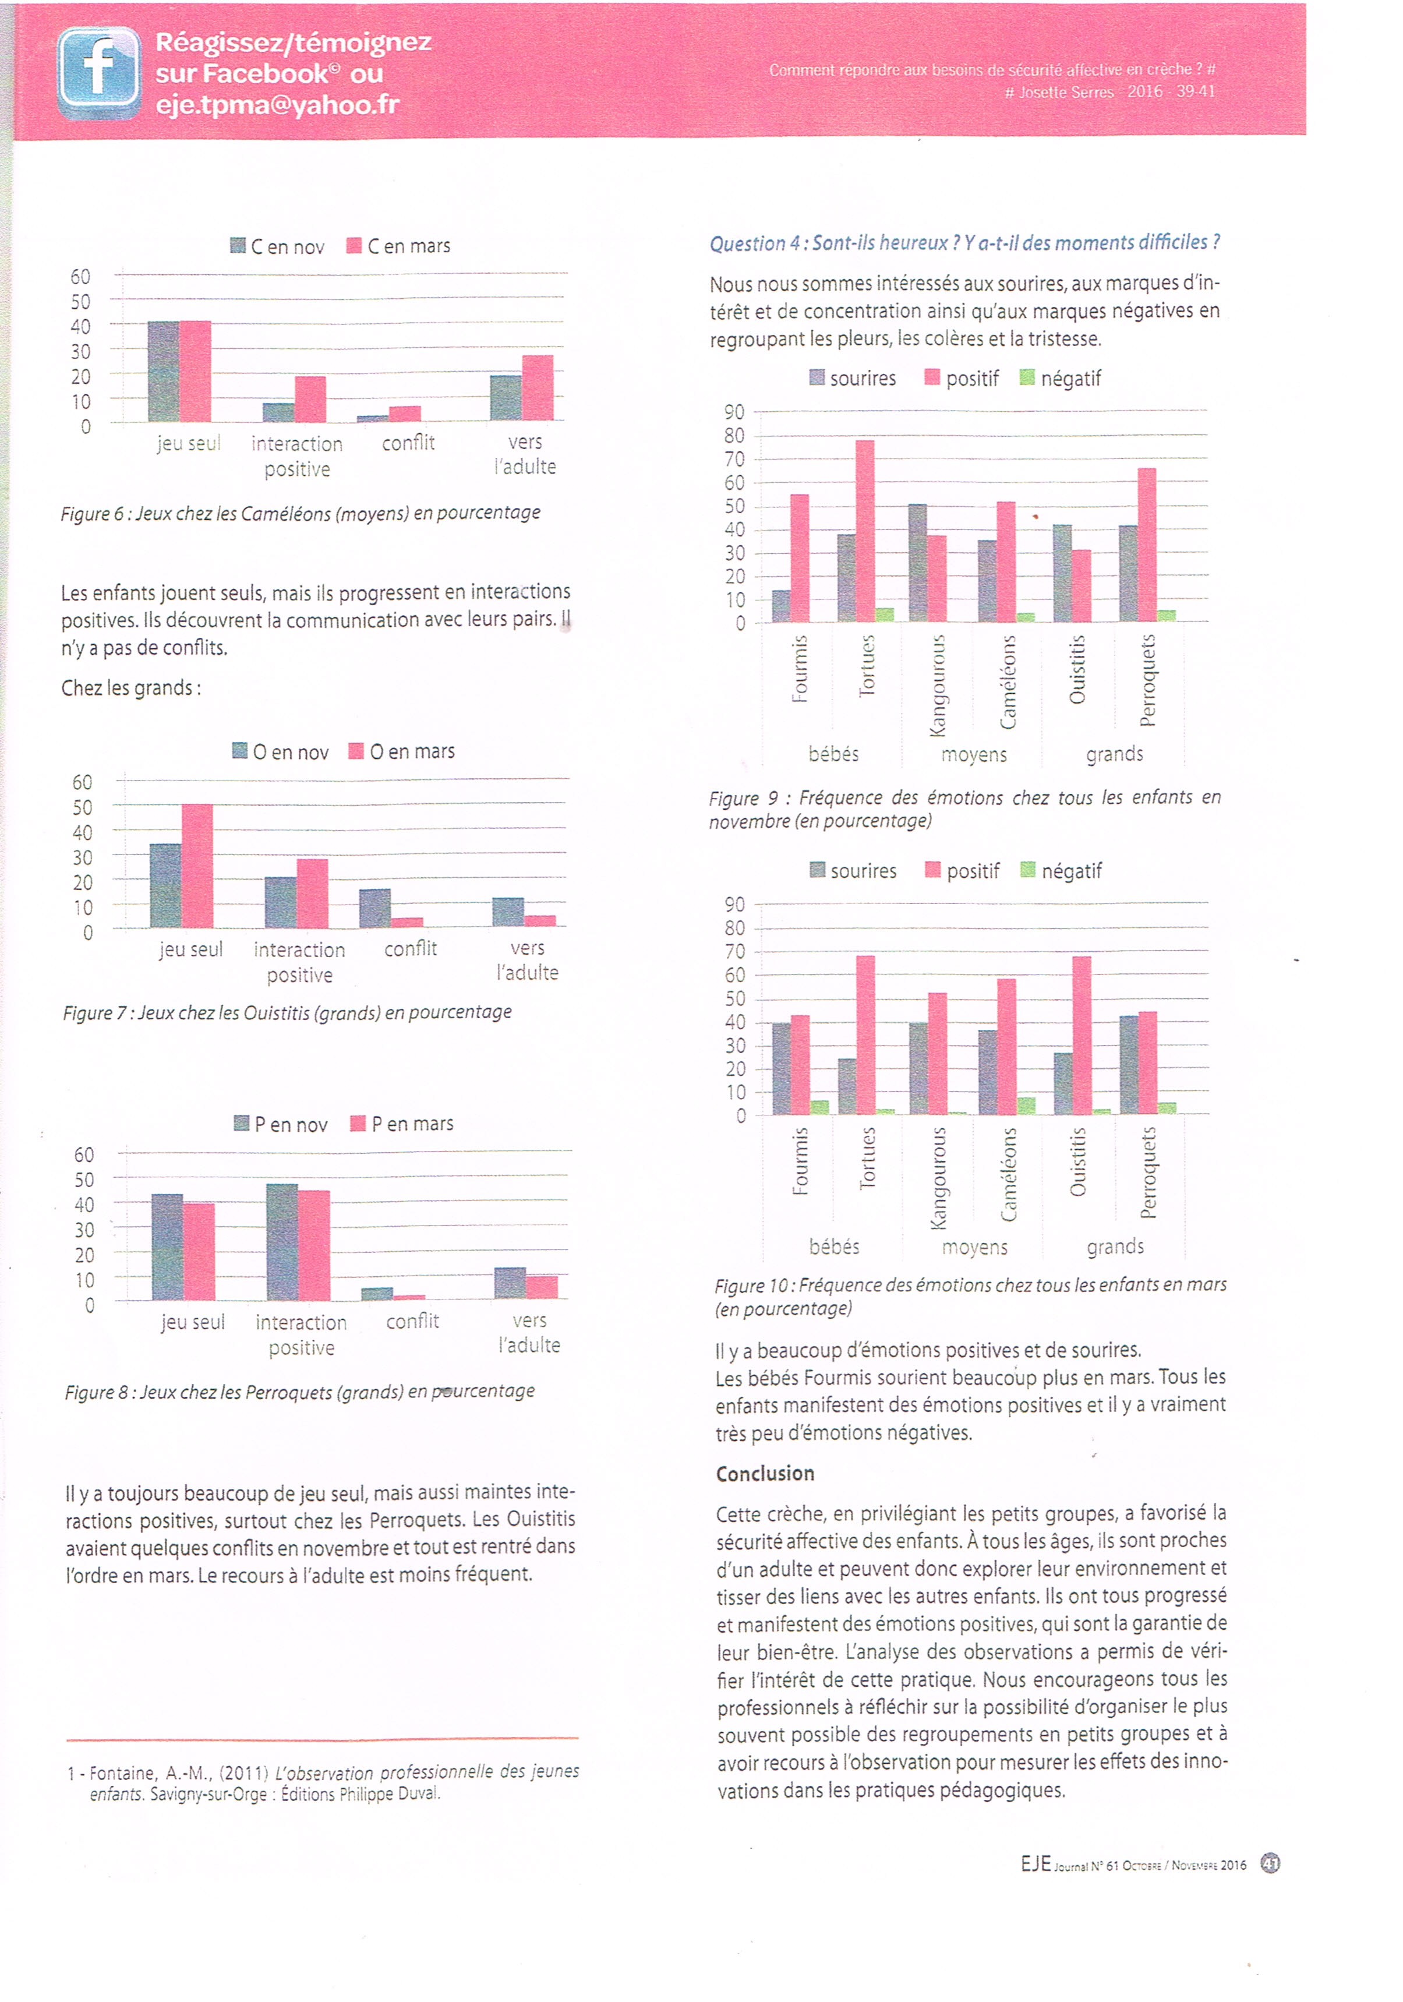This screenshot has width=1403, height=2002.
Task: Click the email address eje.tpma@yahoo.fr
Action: tap(277, 105)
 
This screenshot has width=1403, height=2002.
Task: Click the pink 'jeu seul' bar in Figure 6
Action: tap(195, 372)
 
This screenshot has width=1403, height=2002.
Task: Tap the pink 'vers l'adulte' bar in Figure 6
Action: tap(537, 388)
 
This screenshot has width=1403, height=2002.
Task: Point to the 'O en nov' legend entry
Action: tap(281, 751)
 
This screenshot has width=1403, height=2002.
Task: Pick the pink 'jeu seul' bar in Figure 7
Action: tap(197, 865)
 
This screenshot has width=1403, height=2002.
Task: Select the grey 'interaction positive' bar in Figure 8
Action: tap(282, 1242)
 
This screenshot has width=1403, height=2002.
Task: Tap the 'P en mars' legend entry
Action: tap(402, 1124)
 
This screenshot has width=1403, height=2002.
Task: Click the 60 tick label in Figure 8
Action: tap(84, 1154)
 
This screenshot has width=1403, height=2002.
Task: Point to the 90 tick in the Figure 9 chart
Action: tap(734, 412)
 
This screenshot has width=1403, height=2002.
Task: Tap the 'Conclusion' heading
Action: tap(765, 1474)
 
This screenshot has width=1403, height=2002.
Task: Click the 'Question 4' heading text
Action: tap(964, 243)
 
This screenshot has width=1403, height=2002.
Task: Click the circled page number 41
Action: tap(1270, 1864)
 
